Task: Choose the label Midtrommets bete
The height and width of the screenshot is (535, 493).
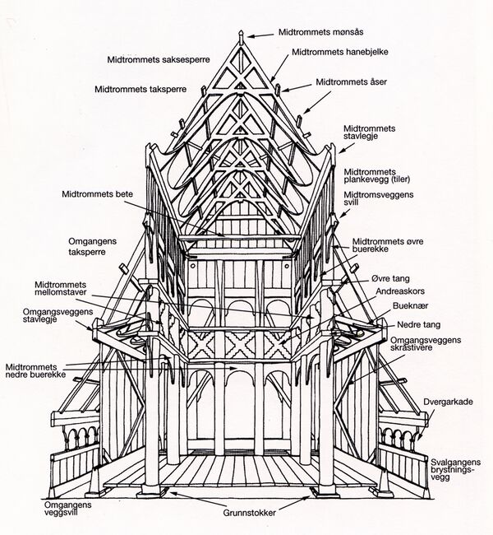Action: [x=97, y=195]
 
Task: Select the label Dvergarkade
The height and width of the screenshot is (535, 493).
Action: [x=447, y=402]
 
